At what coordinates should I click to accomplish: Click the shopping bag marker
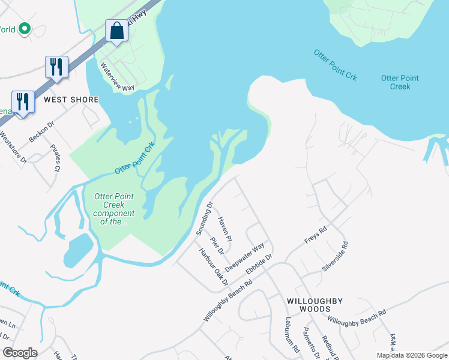pos(117,31)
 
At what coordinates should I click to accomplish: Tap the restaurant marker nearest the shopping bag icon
pos(56,67)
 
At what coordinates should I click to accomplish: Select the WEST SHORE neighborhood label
pos(71,99)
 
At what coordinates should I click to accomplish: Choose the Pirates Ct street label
pos(55,158)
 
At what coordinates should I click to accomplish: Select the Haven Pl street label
pos(225,230)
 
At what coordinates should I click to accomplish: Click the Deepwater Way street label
pos(245,257)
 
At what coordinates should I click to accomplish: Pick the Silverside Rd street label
pos(335,257)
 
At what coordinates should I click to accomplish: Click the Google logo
pos(20,353)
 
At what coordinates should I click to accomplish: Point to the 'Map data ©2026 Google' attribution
pos(411,355)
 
